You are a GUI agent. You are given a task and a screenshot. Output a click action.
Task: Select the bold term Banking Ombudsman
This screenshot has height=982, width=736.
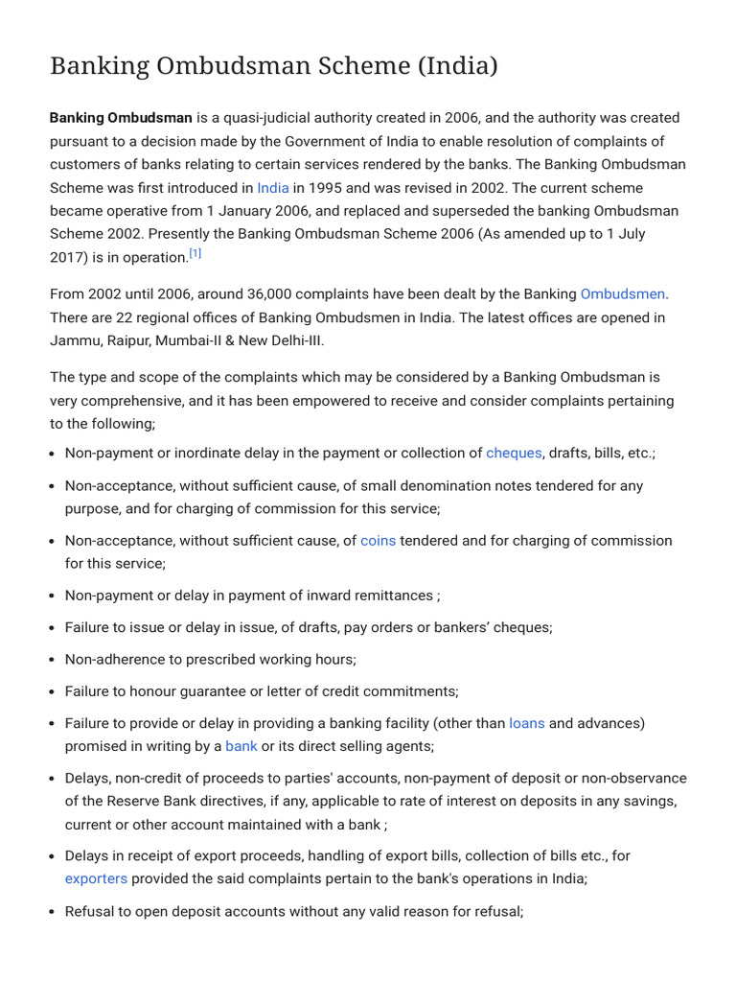tap(121, 118)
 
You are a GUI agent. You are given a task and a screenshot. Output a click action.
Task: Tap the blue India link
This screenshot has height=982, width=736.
tap(272, 188)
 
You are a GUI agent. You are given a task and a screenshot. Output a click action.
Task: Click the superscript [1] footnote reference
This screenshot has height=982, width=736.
tap(195, 254)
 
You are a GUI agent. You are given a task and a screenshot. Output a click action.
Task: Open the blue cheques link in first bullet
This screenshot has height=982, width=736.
tap(514, 454)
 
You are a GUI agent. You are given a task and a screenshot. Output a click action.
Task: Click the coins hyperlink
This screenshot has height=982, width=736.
tap(378, 541)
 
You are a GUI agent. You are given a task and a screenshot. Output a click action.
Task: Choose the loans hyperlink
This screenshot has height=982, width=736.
tap(526, 723)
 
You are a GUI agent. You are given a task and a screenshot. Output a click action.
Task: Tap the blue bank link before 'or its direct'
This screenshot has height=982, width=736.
tap(241, 746)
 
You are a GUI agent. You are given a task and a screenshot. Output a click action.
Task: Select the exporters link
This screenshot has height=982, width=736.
tap(96, 878)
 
